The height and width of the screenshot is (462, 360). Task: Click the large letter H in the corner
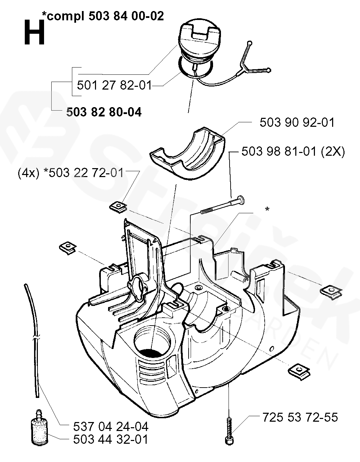click(34, 33)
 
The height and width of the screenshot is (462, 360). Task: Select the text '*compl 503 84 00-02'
click(103, 16)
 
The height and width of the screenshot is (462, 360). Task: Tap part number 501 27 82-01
click(114, 85)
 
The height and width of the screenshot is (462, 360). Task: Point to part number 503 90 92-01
click(297, 122)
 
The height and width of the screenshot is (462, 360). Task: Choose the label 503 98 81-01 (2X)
click(293, 152)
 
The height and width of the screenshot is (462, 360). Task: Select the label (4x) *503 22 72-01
click(71, 172)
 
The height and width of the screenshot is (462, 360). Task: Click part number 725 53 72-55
click(300, 417)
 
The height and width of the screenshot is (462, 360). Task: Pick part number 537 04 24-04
click(111, 427)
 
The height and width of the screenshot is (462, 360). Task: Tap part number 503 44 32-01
click(111, 440)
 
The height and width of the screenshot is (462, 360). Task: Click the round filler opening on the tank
click(153, 340)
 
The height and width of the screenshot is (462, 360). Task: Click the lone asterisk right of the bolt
click(267, 209)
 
